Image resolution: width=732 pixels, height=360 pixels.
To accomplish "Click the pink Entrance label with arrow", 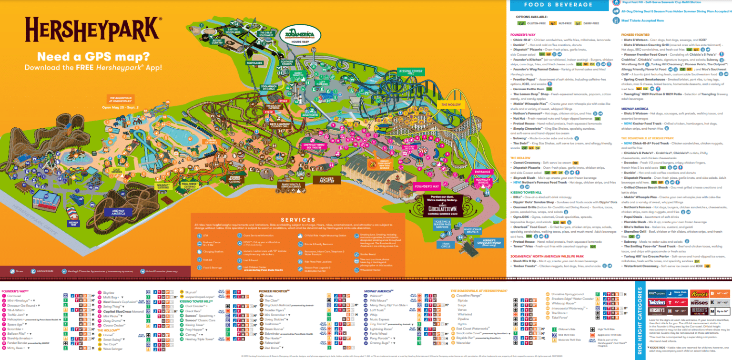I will pyautogui.click(x=482, y=172).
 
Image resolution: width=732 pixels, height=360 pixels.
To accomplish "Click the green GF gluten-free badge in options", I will pyautogui.click(x=521, y=22).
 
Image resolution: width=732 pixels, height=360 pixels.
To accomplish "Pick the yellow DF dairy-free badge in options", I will pyautogui.click(x=578, y=22).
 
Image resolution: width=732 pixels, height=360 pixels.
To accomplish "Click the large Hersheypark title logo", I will pyautogui.click(x=93, y=30).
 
